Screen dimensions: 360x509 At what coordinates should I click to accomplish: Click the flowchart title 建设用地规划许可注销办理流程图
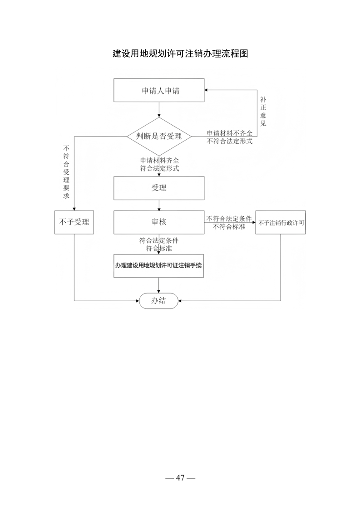tap(180, 54)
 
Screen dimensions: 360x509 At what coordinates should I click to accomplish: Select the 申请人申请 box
tap(159, 90)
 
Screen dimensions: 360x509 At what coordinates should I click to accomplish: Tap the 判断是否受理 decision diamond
tap(159, 137)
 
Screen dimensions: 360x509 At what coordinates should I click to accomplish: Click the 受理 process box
tap(159, 188)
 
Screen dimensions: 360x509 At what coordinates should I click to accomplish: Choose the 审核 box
tap(159, 222)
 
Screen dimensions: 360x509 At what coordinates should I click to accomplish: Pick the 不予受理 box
tap(74, 222)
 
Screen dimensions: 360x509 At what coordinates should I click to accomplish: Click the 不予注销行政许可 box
tap(281, 222)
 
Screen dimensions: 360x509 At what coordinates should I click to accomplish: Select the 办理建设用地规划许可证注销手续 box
tap(158, 266)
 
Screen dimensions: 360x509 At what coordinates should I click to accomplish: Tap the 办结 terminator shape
tap(158, 301)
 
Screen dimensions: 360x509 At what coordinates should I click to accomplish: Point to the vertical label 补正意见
tap(263, 111)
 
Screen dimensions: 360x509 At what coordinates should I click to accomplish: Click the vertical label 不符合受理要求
tap(66, 172)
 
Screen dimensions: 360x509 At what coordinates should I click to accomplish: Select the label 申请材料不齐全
tap(230, 133)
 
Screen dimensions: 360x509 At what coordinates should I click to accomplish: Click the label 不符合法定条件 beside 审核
tap(229, 219)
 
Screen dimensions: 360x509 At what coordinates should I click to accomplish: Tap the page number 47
tap(180, 478)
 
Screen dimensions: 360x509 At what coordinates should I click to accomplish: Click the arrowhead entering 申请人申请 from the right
tap(206, 90)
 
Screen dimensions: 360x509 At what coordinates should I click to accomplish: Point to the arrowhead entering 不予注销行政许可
tap(254, 222)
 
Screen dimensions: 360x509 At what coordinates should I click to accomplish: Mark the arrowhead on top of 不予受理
tap(74, 209)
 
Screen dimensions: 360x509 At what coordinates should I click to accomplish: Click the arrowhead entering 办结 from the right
tap(180, 301)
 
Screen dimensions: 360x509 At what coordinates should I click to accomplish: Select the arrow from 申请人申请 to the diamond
tap(159, 109)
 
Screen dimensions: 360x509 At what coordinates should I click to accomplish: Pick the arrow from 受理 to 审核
tap(159, 205)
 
